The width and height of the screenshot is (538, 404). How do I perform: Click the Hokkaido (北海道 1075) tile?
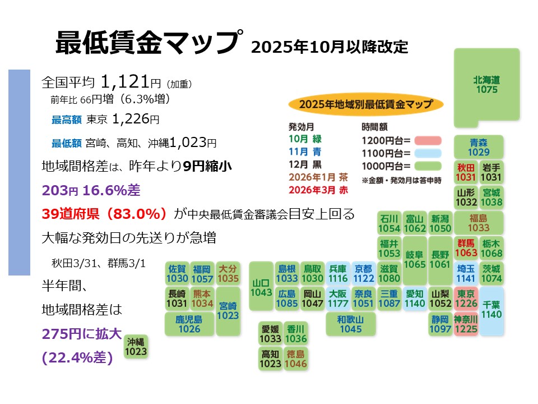486,85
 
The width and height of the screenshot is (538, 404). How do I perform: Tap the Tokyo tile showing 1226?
467,299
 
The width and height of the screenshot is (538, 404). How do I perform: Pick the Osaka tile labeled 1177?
338,299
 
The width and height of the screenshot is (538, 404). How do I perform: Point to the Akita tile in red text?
466,172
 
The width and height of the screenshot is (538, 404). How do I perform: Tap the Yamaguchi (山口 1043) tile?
261,286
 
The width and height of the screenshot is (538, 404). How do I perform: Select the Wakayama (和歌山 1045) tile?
351,324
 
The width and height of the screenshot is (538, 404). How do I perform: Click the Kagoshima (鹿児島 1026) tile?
189,324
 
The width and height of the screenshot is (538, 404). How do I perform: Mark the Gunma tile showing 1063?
466,248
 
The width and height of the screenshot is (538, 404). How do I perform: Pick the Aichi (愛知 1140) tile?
415,299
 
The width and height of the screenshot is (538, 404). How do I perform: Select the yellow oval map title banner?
366,104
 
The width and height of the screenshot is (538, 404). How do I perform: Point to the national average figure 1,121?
125,82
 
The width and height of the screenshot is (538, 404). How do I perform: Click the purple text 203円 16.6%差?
91,190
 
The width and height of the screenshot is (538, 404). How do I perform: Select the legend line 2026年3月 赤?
318,190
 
